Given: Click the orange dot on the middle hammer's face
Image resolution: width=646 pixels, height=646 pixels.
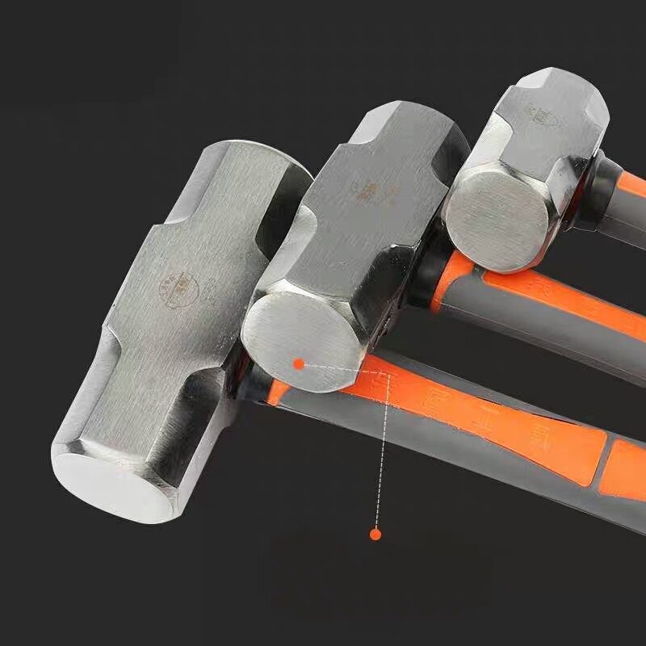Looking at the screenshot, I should tap(299, 364).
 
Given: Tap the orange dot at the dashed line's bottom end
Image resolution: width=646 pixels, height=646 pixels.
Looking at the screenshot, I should tap(375, 534).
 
